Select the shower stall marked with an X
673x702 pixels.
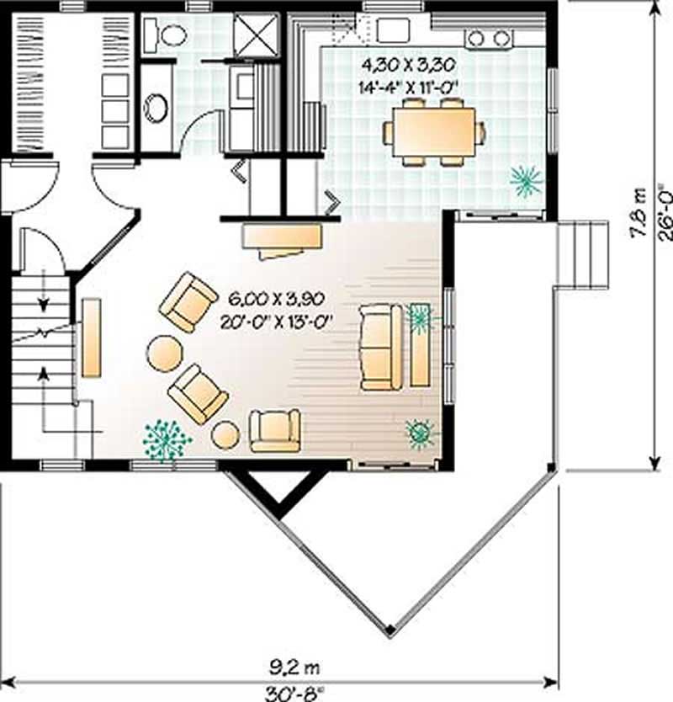(256, 35)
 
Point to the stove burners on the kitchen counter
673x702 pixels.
(489, 38)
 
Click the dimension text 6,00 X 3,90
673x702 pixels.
(276, 298)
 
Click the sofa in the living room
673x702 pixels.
(381, 348)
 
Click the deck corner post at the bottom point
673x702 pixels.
(388, 630)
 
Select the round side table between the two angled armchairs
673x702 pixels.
(164, 353)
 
